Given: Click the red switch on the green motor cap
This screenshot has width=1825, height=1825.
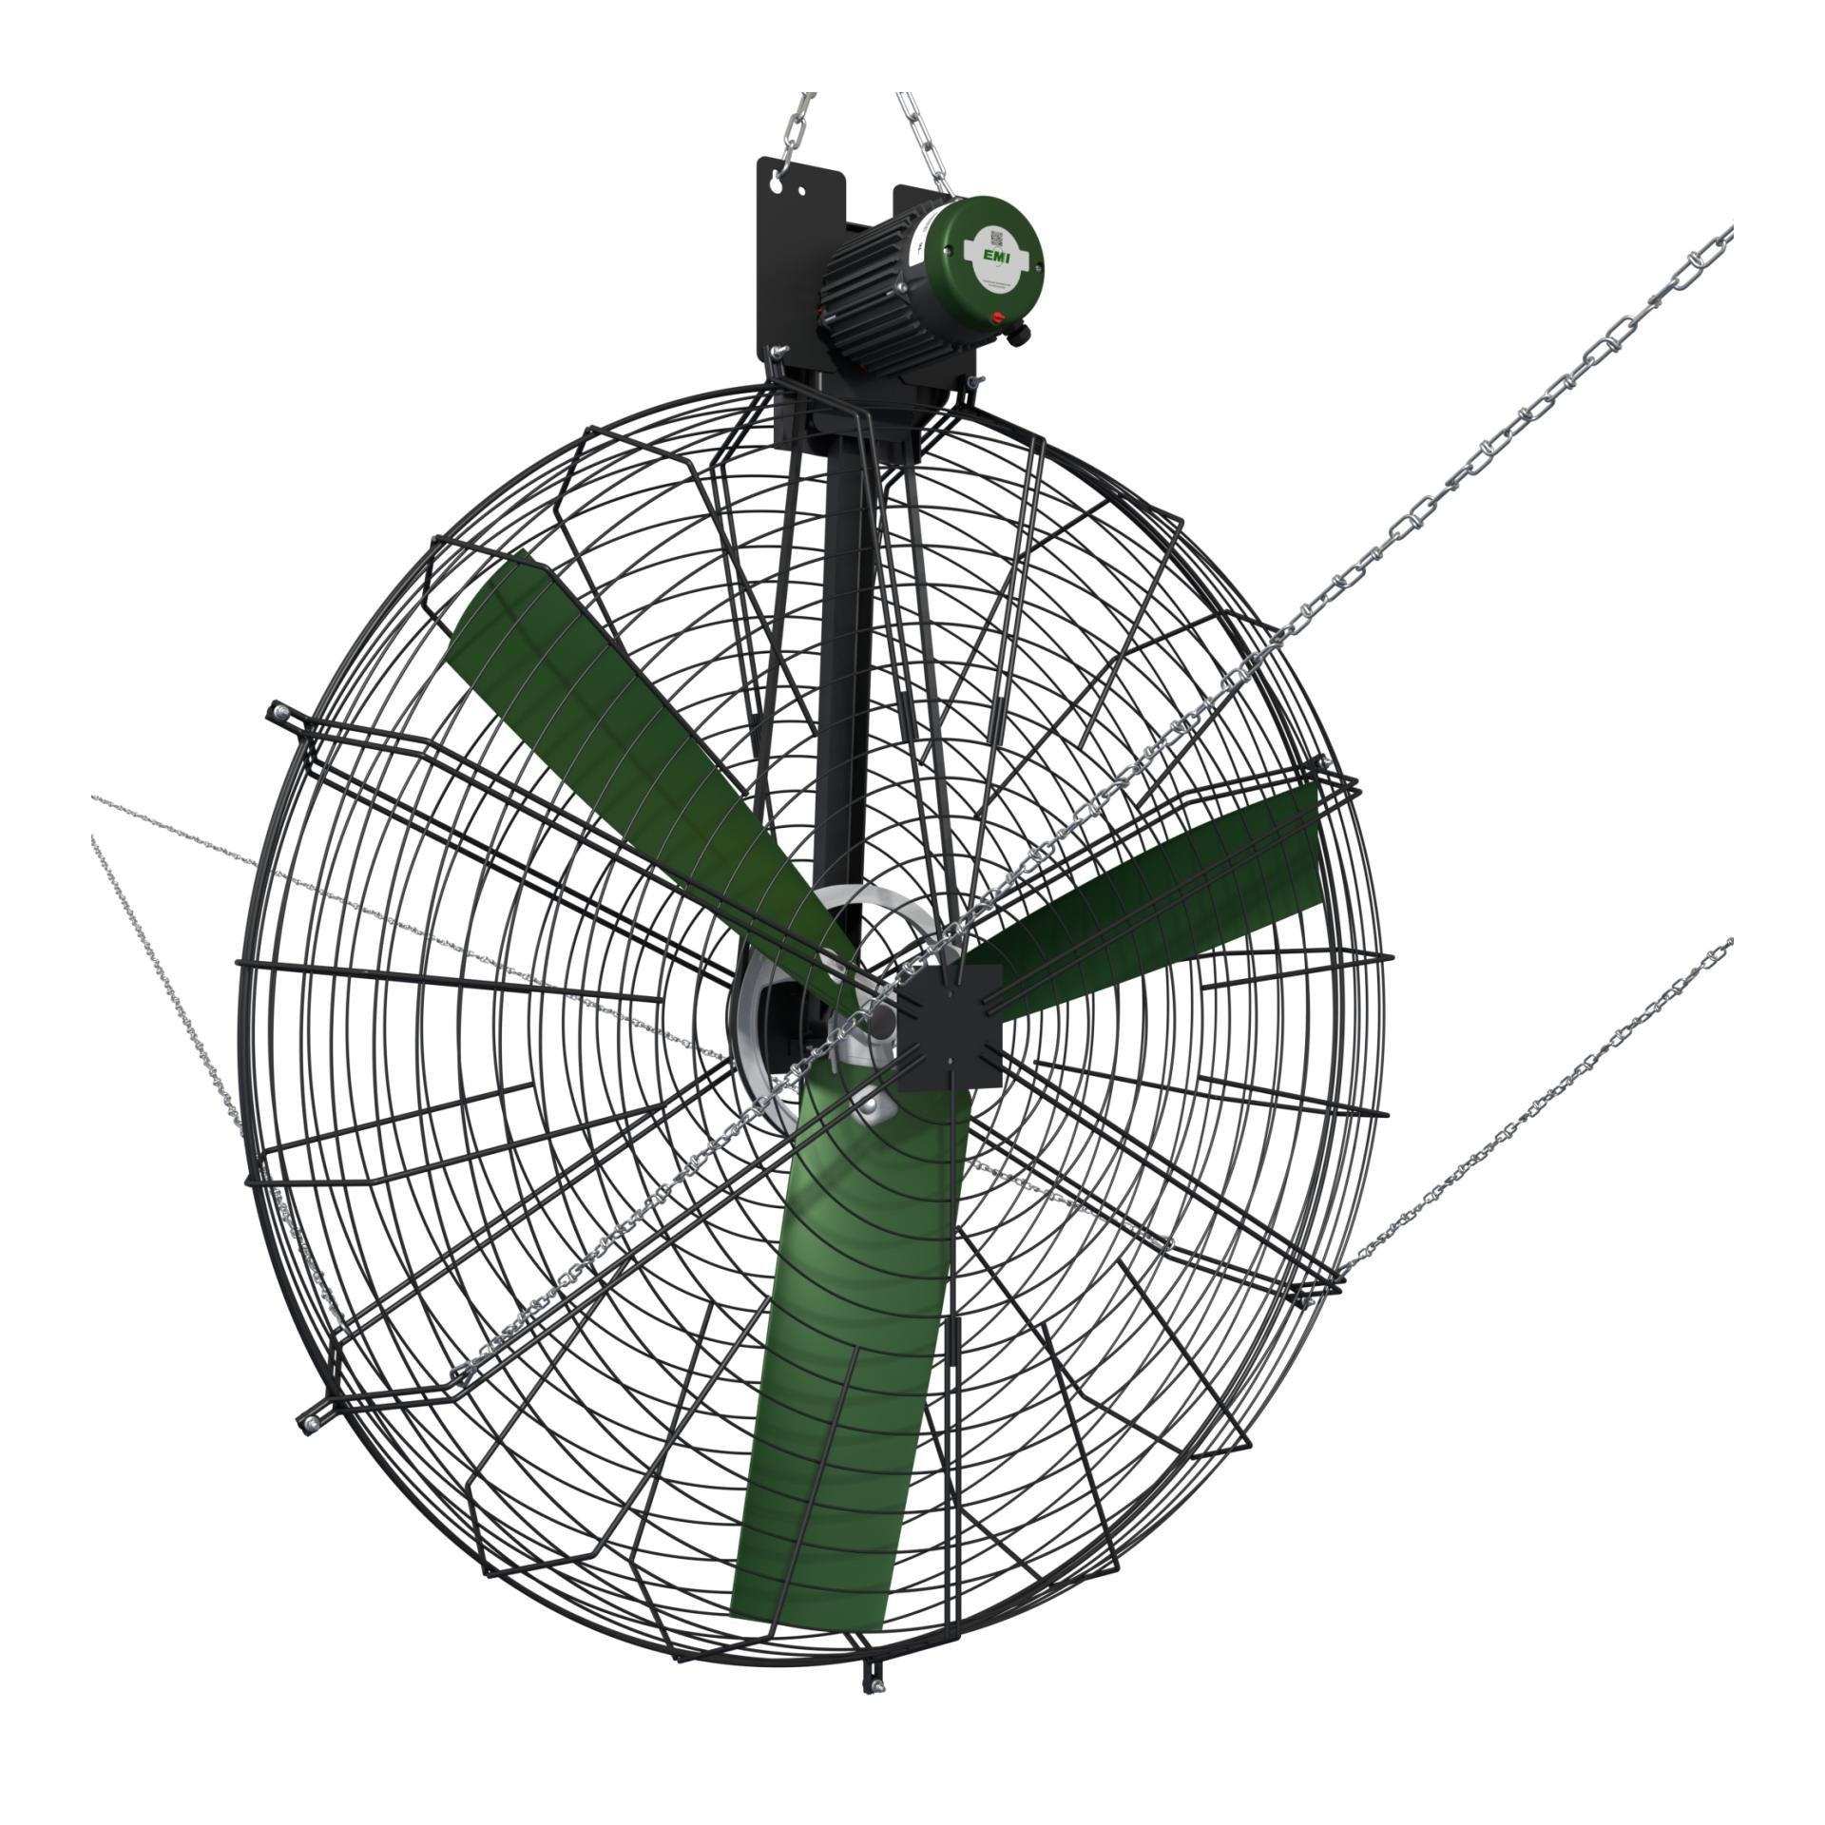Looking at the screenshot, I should (998, 317).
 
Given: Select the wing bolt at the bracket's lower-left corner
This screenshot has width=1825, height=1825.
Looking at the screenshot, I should (778, 354).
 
